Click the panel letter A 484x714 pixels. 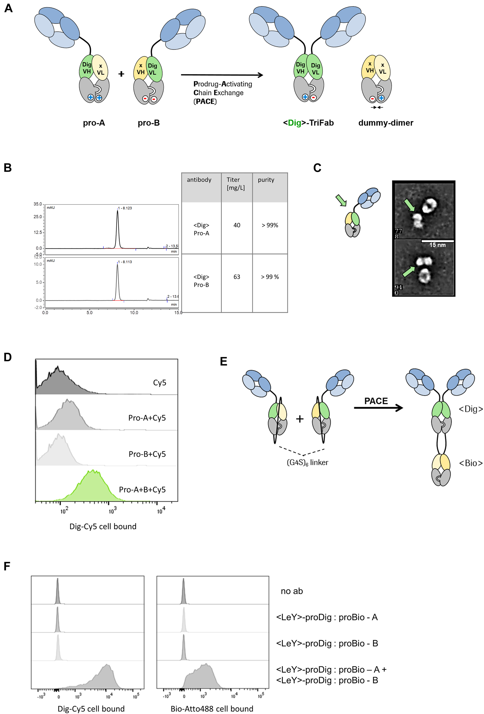click(9, 8)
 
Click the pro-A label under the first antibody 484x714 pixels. click(94, 123)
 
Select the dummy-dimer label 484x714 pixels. click(385, 123)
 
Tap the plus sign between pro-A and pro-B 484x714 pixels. click(121, 74)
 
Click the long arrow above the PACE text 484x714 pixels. click(222, 75)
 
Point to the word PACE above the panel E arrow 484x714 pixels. click(376, 401)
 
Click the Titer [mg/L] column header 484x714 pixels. click(236, 184)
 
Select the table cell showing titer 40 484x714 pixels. click(237, 225)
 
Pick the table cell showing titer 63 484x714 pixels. click(237, 277)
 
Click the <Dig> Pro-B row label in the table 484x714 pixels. click(201, 281)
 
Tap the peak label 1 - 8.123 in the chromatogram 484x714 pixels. click(125, 208)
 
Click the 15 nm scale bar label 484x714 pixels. click(437, 245)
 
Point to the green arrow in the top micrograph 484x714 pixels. click(409, 205)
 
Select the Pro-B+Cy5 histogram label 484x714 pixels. click(147, 454)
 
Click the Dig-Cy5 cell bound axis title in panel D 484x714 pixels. click(103, 526)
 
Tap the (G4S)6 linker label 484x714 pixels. click(307, 463)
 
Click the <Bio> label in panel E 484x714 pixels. click(471, 463)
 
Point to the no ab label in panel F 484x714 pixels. click(292, 591)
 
